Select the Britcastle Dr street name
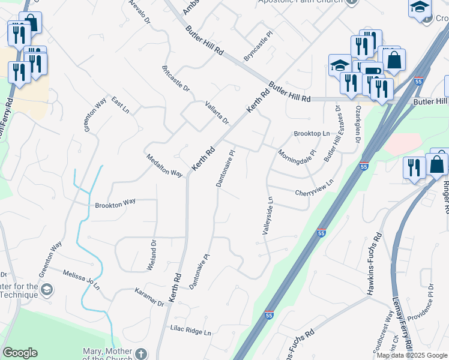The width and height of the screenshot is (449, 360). [176, 79]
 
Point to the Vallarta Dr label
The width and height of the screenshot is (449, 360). [217, 112]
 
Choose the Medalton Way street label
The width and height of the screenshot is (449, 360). [164, 165]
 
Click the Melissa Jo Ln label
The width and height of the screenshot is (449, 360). [82, 280]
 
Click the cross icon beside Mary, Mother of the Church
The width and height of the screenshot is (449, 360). [141, 353]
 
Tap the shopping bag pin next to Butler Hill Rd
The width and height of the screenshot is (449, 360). [394, 61]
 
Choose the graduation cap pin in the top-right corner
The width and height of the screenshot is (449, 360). [420, 8]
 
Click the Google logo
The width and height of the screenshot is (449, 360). [20, 353]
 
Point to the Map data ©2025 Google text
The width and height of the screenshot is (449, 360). [411, 355]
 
